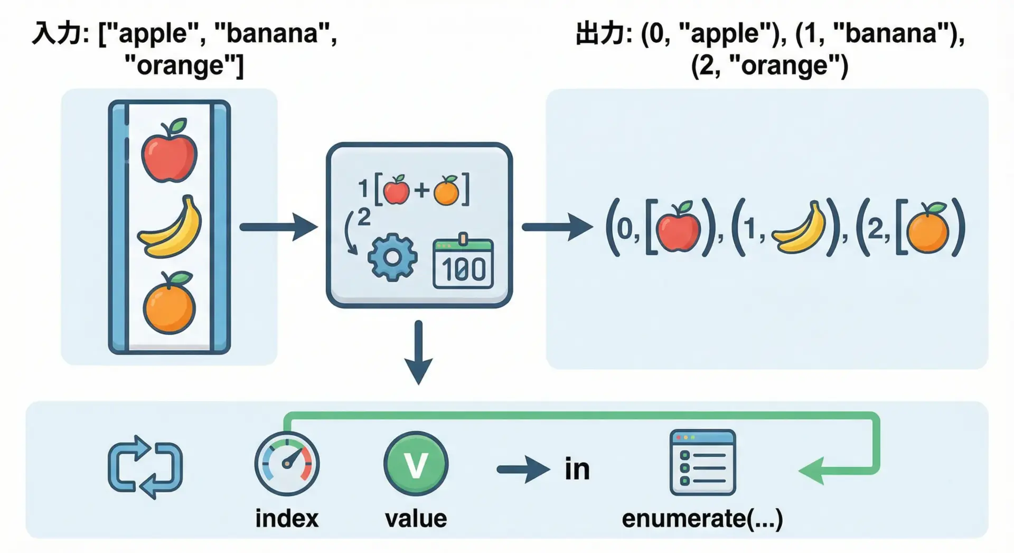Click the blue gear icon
click(392, 257)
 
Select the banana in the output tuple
click(799, 228)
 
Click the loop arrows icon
click(145, 467)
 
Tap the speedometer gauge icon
click(287, 464)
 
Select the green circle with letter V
click(416, 464)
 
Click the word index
click(287, 519)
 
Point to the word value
click(416, 519)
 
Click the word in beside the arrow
click(577, 469)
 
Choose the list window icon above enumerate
click(702, 463)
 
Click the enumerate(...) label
click(702, 519)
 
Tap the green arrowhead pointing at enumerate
click(811, 470)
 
